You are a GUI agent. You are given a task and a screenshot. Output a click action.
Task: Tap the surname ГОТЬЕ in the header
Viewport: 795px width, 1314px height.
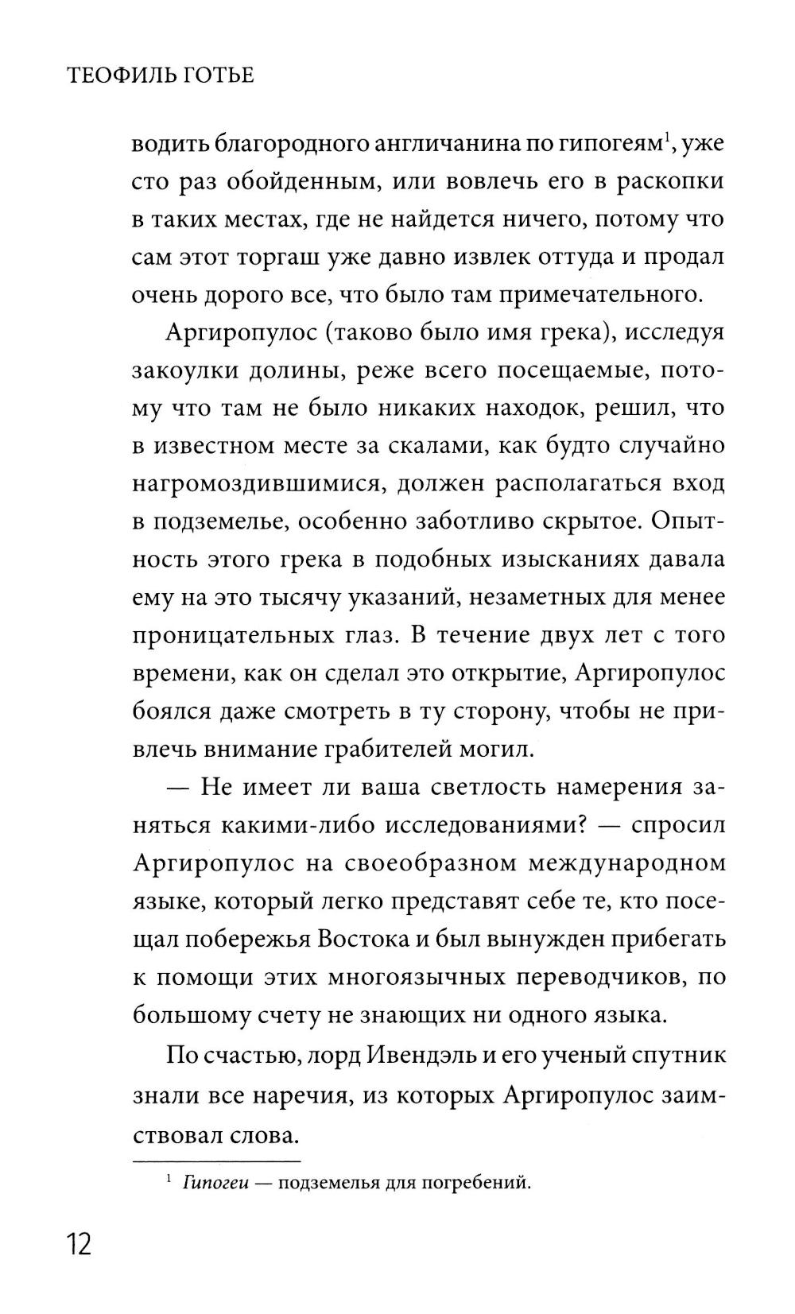tap(221, 76)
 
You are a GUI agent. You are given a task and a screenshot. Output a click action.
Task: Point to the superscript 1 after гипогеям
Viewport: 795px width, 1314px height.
tap(670, 138)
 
